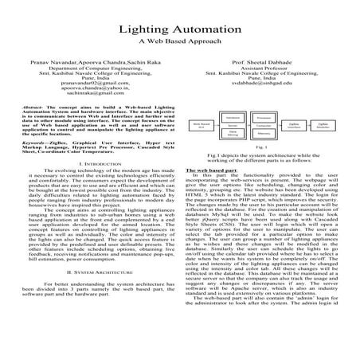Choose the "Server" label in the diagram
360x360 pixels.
232,125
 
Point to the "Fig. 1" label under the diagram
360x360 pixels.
261,147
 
